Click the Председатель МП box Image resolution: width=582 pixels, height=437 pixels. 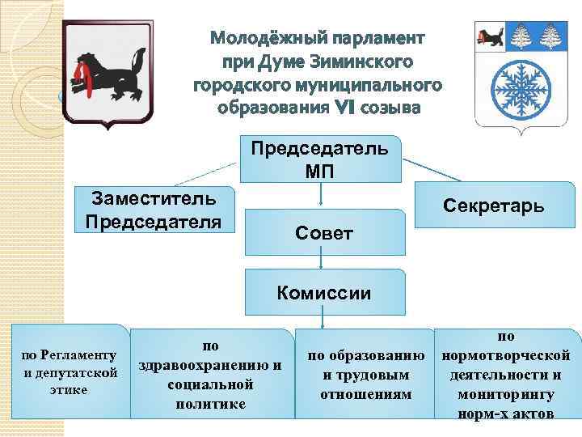(320, 159)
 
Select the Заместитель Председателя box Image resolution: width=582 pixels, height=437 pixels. (153, 210)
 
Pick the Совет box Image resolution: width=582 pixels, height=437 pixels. (323, 233)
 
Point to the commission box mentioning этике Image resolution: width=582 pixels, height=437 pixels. (71, 371)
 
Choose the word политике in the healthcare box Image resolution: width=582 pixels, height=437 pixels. (210, 402)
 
